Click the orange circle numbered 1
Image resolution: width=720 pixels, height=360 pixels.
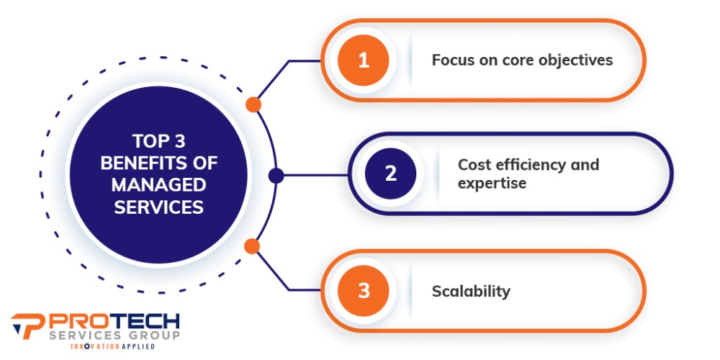coord(363,60)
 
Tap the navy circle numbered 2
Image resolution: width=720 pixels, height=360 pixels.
coord(390,174)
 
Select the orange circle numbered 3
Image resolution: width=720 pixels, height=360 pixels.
coord(363,291)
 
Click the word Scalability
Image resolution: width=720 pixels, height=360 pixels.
coord(471,292)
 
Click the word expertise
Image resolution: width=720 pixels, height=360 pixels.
coord(492,184)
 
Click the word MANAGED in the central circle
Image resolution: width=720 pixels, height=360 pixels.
coord(158,185)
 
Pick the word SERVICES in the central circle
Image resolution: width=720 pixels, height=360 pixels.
coord(158,207)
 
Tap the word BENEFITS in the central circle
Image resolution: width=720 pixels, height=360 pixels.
coord(143,163)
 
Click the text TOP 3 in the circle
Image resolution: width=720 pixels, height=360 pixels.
coord(158,141)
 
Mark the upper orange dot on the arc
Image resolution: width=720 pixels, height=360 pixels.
coord(253,104)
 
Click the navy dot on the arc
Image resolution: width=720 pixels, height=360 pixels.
coord(276,176)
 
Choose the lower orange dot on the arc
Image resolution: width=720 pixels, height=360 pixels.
coord(251,246)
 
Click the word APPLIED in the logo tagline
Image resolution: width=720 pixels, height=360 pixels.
coord(138,346)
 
